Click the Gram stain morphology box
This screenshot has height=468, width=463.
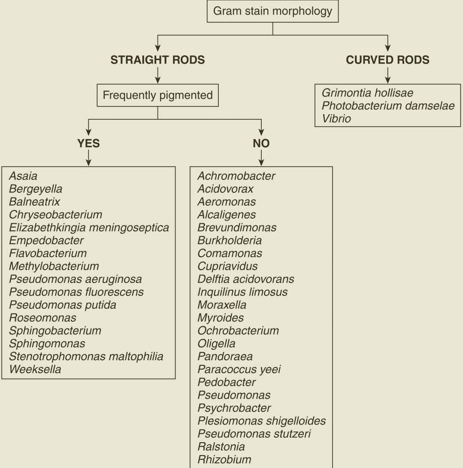(x=272, y=11)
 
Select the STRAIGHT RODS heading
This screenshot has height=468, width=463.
(x=157, y=60)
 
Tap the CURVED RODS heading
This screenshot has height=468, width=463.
(x=387, y=60)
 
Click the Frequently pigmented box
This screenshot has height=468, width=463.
(x=157, y=95)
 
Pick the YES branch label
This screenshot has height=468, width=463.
(x=88, y=143)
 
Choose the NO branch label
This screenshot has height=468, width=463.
(x=261, y=143)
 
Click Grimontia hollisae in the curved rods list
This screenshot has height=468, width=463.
(x=367, y=93)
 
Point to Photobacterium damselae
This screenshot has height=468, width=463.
(x=388, y=106)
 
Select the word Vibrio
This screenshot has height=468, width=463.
(x=336, y=119)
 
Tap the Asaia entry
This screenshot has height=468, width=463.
(x=23, y=176)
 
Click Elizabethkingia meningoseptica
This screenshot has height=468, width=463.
(x=89, y=228)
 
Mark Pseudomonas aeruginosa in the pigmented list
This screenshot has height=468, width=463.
(x=75, y=279)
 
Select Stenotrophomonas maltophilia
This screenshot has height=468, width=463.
(x=86, y=356)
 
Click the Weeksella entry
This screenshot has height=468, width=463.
(x=35, y=369)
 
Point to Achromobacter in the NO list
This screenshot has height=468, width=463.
(x=236, y=176)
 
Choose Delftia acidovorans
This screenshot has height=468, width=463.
(x=245, y=279)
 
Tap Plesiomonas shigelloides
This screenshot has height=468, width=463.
(x=261, y=421)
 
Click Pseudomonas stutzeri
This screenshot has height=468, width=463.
(x=254, y=434)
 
